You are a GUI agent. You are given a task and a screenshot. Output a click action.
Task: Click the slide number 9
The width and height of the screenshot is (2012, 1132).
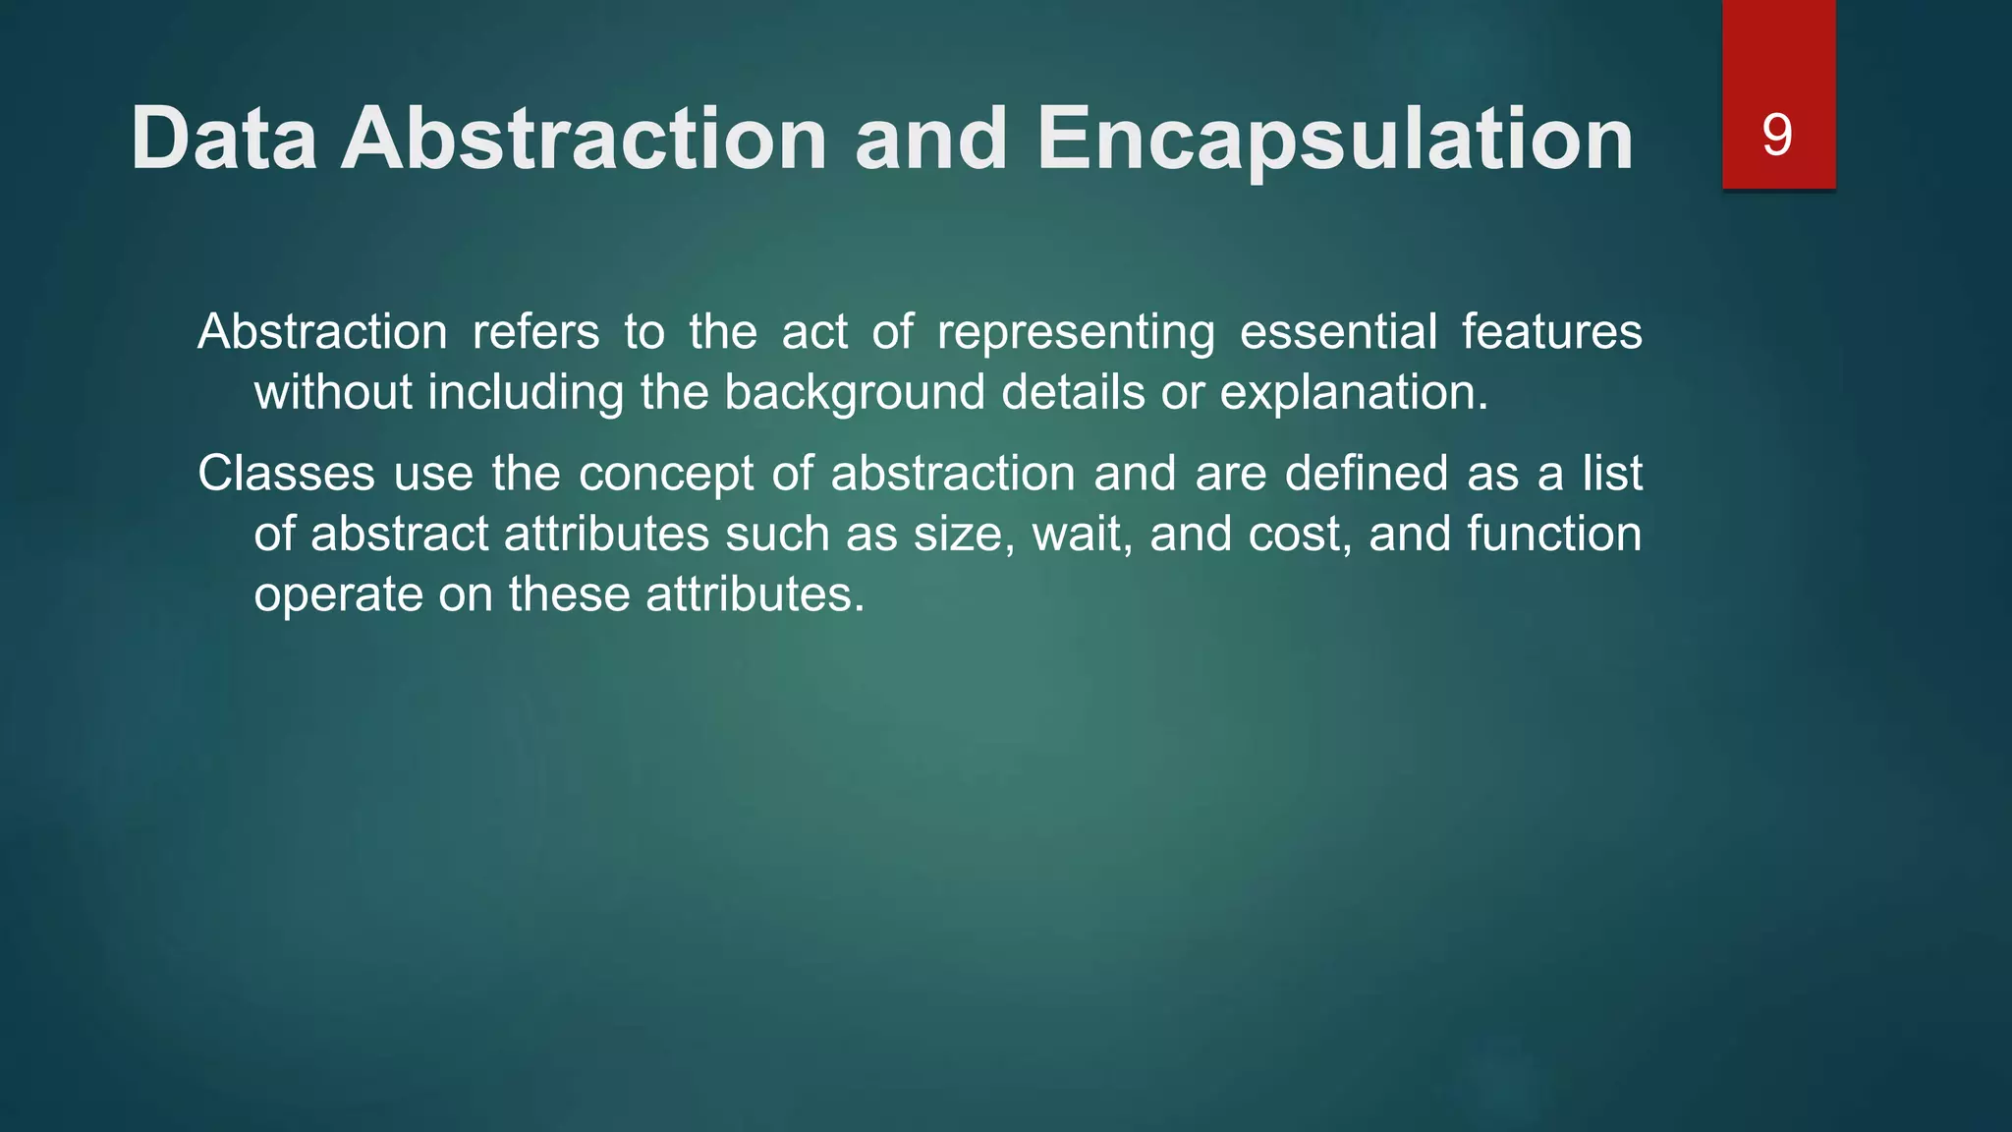1777,135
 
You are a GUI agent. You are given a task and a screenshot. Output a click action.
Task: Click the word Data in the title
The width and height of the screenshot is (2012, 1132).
224,139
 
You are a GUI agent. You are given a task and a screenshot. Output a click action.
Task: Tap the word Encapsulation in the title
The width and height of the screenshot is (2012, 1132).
1335,139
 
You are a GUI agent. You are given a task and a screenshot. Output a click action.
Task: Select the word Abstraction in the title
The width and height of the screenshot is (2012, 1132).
584,139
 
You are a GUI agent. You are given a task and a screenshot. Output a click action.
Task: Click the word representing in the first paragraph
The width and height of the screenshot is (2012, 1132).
1076,333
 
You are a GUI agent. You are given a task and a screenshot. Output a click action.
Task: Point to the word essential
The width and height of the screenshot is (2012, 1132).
1338,331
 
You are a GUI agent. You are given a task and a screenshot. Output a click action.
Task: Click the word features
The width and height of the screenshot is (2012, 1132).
1551,331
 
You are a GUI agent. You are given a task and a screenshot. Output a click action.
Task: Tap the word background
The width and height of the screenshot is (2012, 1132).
855,394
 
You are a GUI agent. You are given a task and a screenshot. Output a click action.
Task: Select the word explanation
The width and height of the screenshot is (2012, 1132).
1353,394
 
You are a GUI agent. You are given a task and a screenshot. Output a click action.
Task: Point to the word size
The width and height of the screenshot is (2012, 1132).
963,535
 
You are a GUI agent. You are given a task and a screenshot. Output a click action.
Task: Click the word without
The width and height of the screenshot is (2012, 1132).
333,392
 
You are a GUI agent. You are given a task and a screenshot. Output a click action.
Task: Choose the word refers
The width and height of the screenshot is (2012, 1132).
535,331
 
